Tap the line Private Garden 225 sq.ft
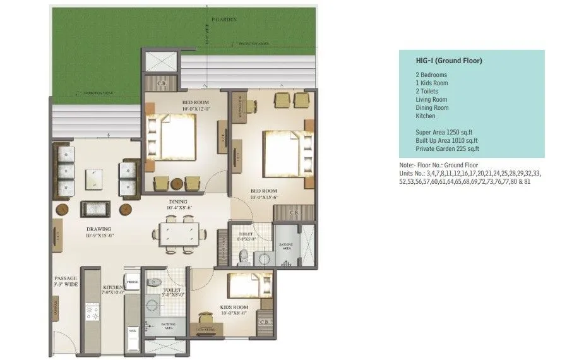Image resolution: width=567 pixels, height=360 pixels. (x=447, y=149)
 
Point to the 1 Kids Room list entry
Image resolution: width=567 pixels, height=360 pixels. (x=432, y=83)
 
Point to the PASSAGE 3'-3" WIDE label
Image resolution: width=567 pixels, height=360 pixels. (x=65, y=281)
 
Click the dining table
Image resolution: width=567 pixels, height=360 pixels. (x=179, y=234)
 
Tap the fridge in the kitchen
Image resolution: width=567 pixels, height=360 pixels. (x=132, y=282)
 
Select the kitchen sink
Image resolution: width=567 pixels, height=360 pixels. (x=132, y=329)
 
